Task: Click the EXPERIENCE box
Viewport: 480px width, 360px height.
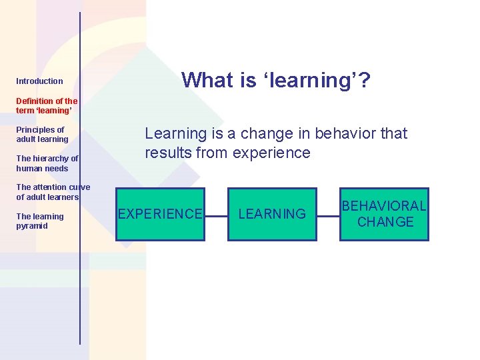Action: (160, 214)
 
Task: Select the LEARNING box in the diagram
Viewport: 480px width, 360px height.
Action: (272, 214)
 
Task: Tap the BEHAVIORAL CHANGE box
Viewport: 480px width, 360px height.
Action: (385, 214)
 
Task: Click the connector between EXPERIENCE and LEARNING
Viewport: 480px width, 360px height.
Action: (216, 215)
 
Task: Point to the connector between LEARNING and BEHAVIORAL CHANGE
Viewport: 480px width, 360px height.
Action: (328, 215)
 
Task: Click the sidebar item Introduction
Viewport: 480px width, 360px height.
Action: (39, 81)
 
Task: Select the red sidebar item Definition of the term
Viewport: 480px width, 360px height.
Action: (46, 105)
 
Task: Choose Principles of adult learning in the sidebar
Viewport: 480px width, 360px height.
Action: (42, 135)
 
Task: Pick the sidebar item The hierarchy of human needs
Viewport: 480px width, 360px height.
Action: (47, 163)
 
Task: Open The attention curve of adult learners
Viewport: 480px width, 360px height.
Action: (52, 192)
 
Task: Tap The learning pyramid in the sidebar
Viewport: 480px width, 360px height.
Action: (40, 221)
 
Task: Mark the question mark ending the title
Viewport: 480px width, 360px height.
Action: (365, 81)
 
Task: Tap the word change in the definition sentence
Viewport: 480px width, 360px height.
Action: (263, 133)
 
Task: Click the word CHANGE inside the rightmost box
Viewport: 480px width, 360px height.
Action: (385, 222)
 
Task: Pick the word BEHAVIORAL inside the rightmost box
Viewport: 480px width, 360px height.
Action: (384, 207)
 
